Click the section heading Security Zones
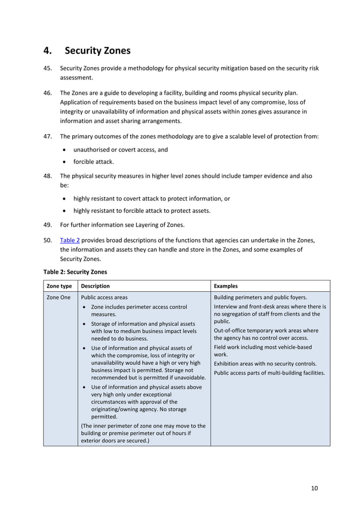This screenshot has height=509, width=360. (x=98, y=51)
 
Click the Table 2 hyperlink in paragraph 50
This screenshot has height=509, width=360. (x=69, y=240)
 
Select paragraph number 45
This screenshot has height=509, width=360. (x=48, y=68)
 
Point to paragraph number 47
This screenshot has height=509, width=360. (x=48, y=136)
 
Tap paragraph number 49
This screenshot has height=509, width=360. (x=48, y=225)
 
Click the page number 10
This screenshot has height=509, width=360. (x=314, y=488)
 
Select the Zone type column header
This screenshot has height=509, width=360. (x=59, y=286)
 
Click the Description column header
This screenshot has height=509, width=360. (x=95, y=286)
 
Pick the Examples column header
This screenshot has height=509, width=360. (x=226, y=286)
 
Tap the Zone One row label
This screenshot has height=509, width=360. (x=59, y=297)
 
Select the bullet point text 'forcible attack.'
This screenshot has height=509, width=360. (x=93, y=161)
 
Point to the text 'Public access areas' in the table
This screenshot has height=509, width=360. (x=104, y=297)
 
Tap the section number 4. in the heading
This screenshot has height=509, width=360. (x=48, y=51)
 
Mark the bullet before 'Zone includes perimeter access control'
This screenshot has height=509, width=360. (x=84, y=308)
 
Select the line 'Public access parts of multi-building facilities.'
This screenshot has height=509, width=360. (x=270, y=373)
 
